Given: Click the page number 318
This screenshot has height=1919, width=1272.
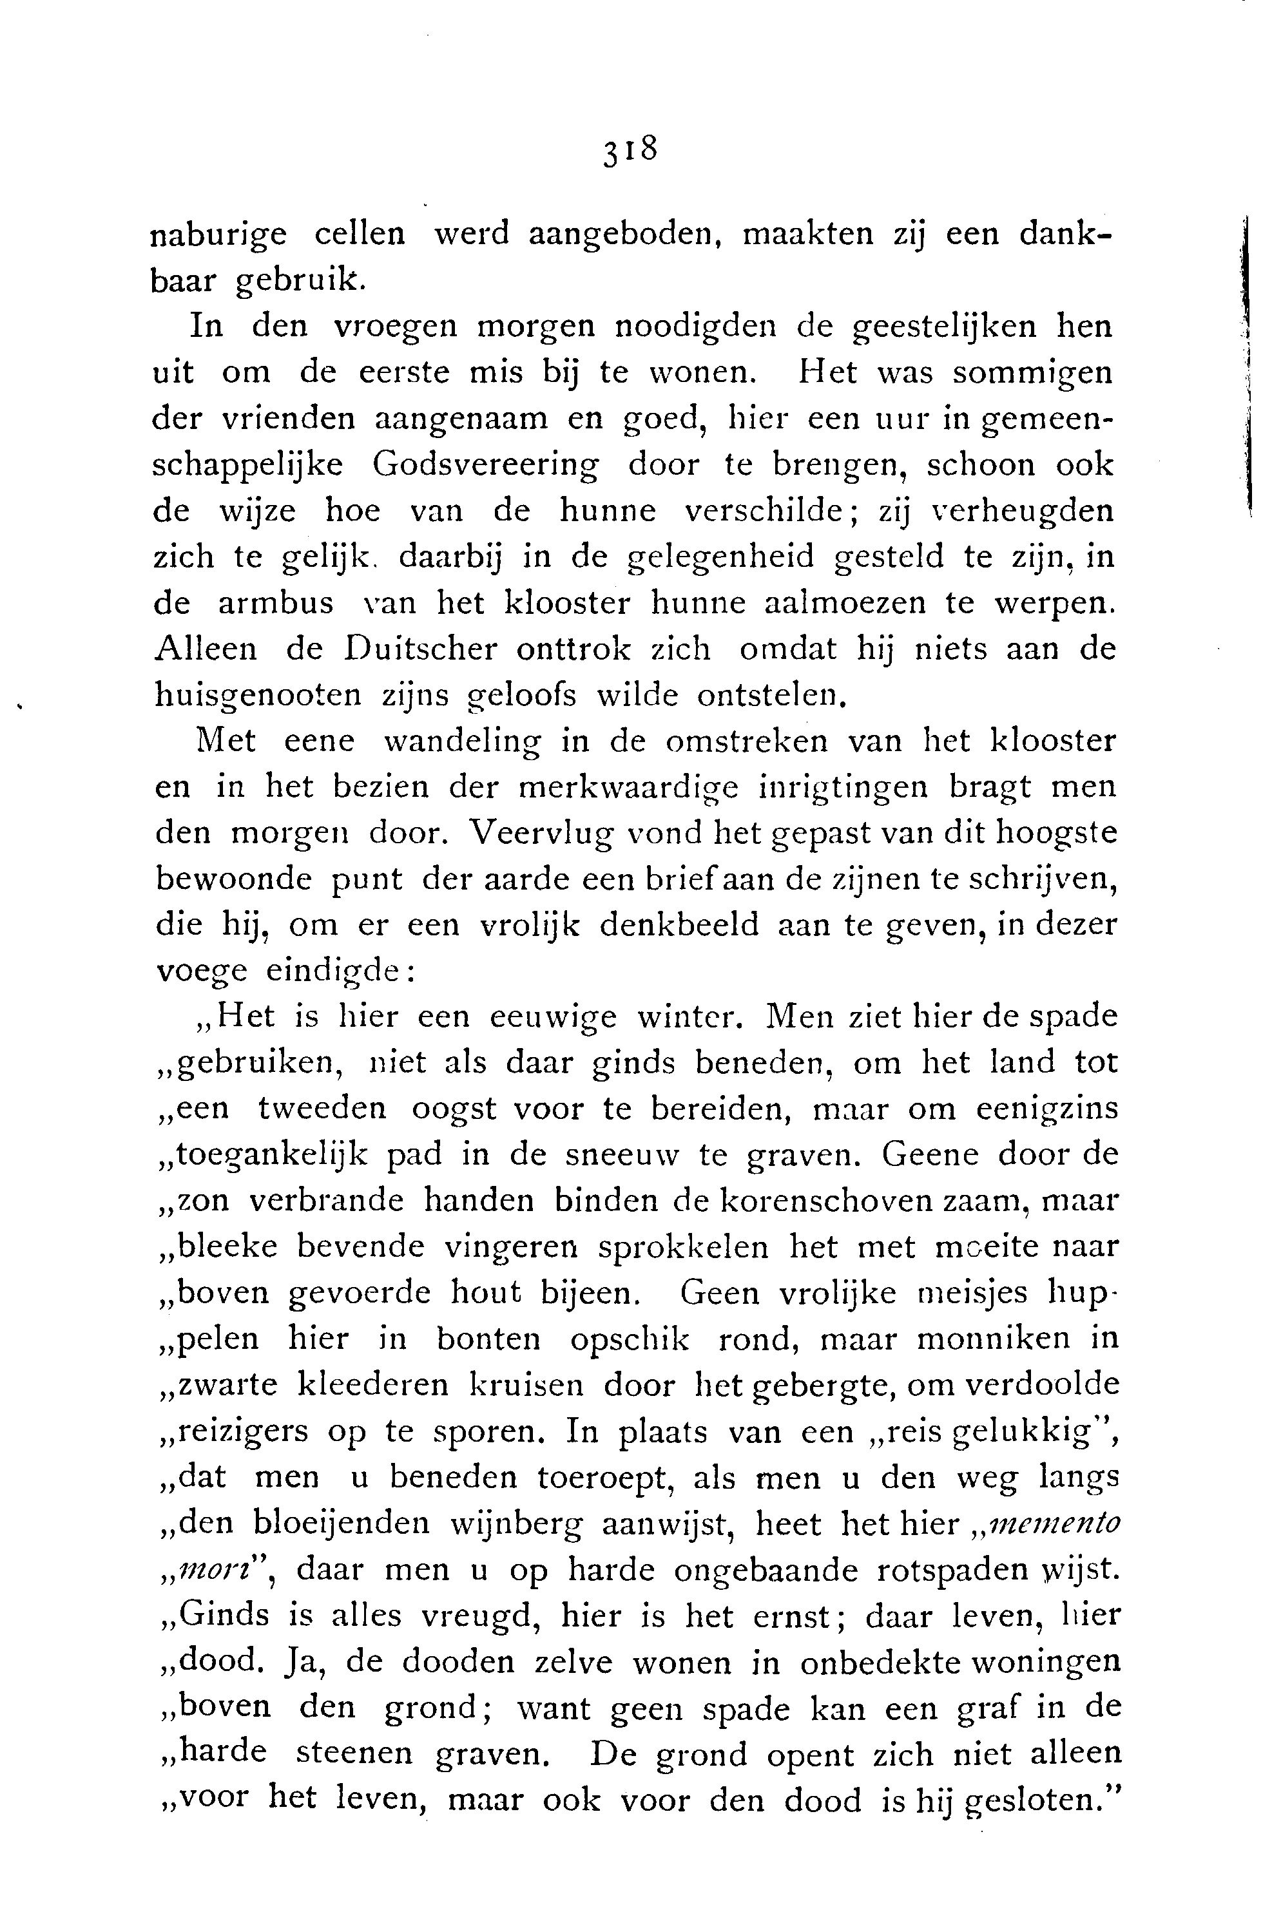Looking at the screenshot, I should coord(629,151).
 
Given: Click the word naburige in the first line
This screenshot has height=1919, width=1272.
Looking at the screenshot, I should coord(219,235).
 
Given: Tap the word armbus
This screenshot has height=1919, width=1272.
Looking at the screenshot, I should coord(276,605).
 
